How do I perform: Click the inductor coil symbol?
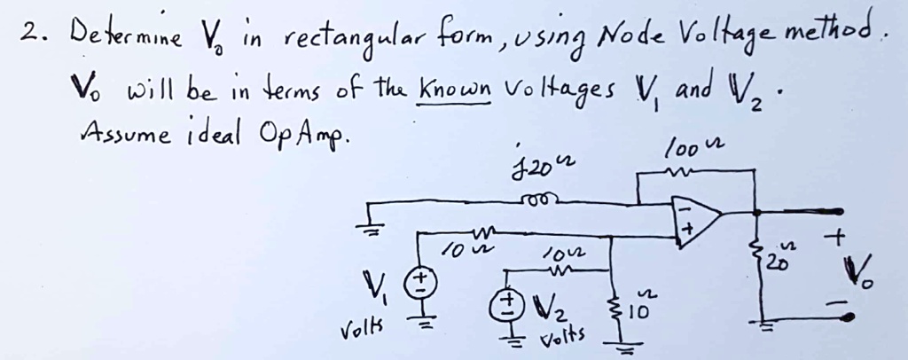(538, 200)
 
